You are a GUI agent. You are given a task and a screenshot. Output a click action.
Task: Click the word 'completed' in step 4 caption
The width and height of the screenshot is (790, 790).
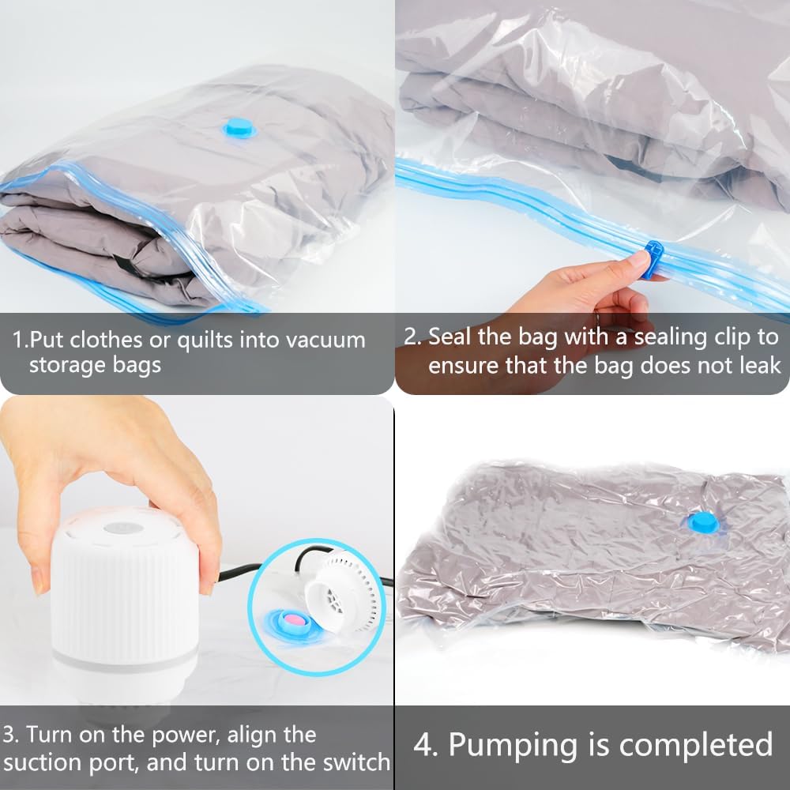(696, 745)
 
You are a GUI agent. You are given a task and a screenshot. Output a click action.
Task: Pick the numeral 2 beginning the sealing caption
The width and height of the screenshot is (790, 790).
(411, 336)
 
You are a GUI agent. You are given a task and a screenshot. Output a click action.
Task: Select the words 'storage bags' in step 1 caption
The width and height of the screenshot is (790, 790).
(95, 366)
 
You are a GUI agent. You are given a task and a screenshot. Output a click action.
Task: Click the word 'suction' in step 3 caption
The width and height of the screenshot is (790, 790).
(51, 762)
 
